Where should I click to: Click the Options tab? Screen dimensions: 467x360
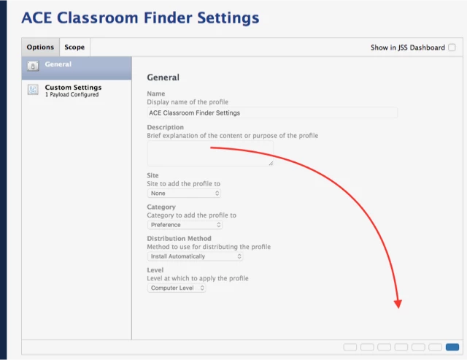click(40, 47)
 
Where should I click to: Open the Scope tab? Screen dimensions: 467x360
click(74, 47)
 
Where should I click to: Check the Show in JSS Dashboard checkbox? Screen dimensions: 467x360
click(452, 47)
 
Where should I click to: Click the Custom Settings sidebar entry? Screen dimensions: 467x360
click(73, 91)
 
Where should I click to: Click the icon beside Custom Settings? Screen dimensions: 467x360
click(33, 89)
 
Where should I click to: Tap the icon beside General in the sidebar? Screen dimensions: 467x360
click(33, 66)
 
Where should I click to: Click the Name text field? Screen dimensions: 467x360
click(272, 112)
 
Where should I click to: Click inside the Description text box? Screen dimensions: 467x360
click(210, 153)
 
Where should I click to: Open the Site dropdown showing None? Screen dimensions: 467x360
click(184, 193)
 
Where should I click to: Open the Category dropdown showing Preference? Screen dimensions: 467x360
click(185, 225)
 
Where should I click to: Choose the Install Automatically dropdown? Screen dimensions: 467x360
click(195, 256)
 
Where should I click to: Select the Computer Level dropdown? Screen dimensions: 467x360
click(177, 288)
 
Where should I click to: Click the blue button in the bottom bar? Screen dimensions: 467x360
click(452, 347)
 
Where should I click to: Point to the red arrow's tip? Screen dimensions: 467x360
click(398, 308)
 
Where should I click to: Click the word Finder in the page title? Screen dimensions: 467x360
click(169, 18)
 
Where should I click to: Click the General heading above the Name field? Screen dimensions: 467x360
click(163, 77)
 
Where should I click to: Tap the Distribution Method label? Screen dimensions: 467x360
click(179, 238)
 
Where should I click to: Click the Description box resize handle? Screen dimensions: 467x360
click(271, 164)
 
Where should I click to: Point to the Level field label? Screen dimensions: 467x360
click(155, 270)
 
